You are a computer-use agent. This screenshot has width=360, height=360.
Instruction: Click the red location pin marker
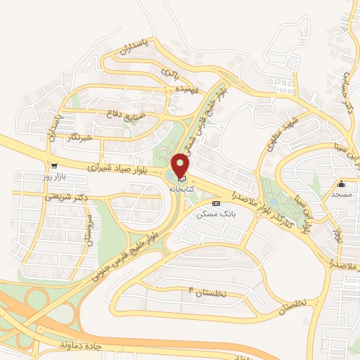click(181, 166)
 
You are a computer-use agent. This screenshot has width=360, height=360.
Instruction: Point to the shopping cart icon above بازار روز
click(54, 166)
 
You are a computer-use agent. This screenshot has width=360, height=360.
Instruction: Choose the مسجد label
click(341, 193)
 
